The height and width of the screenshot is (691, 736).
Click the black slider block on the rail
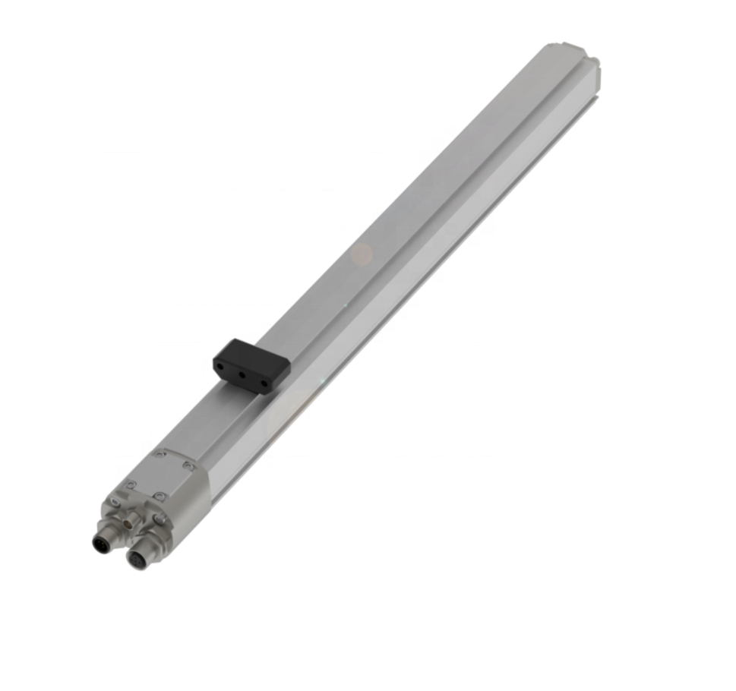pyautogui.click(x=251, y=365)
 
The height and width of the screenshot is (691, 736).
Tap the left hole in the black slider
pyautogui.click(x=220, y=366)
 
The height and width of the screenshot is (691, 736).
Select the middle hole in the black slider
pyautogui.click(x=241, y=374)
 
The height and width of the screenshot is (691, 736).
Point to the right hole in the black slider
pyautogui.click(x=264, y=383)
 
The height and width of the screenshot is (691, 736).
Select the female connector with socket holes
pyautogui.click(x=137, y=560)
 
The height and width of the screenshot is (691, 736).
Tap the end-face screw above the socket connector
pyautogui.click(x=161, y=519)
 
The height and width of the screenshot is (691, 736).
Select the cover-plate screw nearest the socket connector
pyautogui.click(x=159, y=497)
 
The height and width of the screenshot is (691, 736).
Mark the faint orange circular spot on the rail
pyautogui.click(x=362, y=254)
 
